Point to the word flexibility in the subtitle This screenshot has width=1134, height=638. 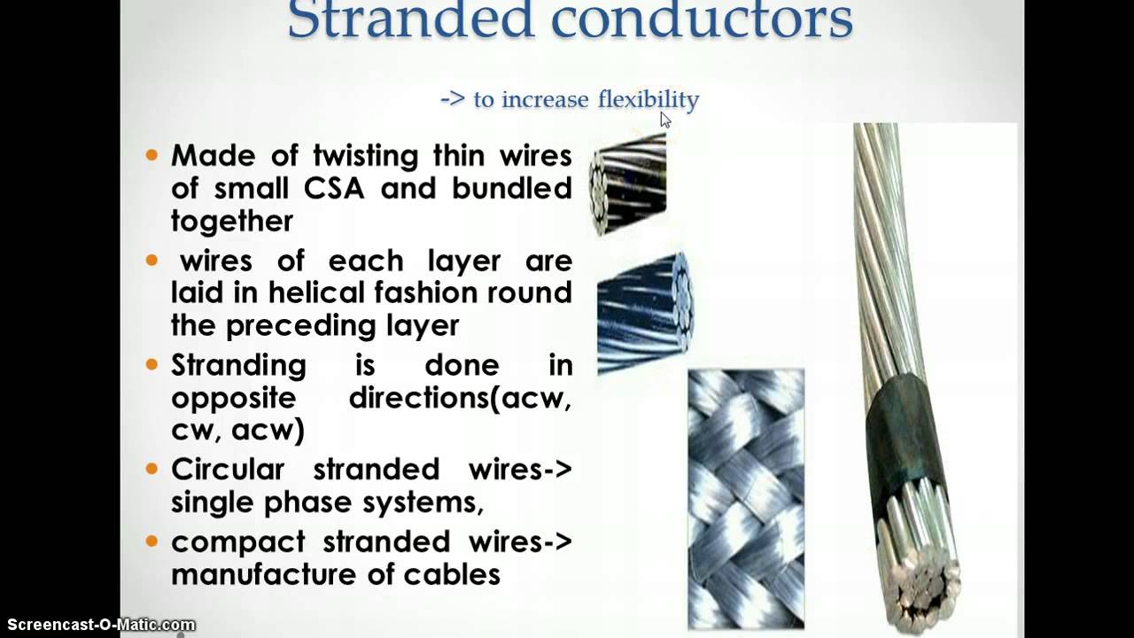pyautogui.click(x=649, y=99)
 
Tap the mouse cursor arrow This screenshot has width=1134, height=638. pyautogui.click(x=665, y=120)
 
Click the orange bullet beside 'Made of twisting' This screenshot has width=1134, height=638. pyautogui.click(x=151, y=155)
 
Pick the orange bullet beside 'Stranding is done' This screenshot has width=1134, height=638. pyautogui.click(x=151, y=364)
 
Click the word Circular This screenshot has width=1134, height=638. pyautogui.click(x=228, y=468)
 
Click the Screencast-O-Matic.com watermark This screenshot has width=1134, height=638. pyautogui.click(x=101, y=626)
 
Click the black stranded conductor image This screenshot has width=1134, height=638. pyautogui.click(x=628, y=184)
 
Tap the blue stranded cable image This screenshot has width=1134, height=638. pyautogui.click(x=644, y=313)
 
